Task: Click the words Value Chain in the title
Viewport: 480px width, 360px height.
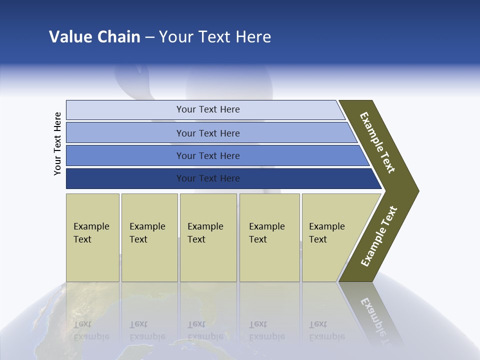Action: tap(94, 37)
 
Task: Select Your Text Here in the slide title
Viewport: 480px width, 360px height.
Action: tap(215, 37)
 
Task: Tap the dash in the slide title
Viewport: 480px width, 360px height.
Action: tap(149, 37)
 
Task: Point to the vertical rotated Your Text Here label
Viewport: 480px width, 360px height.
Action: tap(57, 143)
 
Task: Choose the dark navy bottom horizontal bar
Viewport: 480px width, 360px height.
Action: tap(125, 178)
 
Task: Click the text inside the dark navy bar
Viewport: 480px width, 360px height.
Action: tap(208, 178)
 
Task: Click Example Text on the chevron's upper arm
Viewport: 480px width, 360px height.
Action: tap(377, 142)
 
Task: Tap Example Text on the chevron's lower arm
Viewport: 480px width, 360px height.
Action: tap(379, 236)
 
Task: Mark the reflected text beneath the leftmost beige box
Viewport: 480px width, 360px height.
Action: tap(91, 330)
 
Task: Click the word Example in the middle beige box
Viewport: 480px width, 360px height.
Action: tap(205, 226)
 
